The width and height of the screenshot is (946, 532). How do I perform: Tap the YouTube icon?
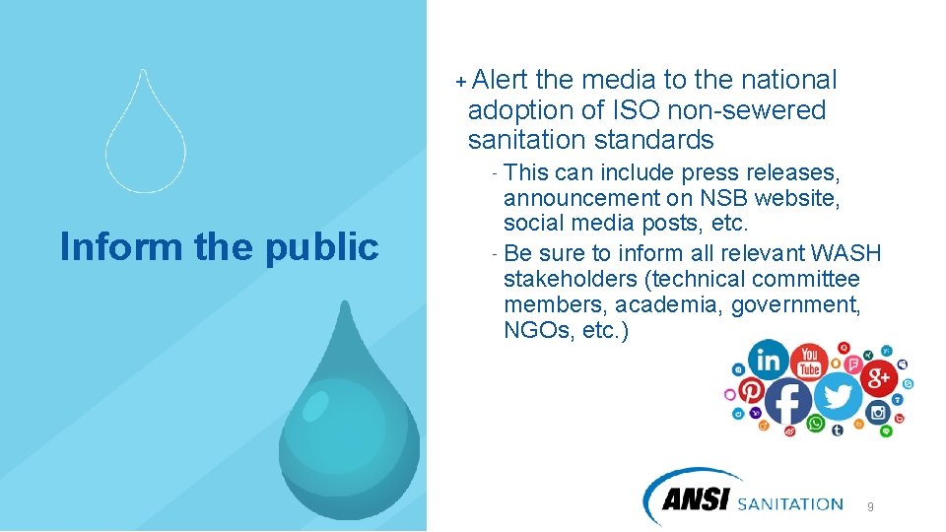pos(810,362)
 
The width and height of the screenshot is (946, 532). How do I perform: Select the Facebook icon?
pos(788,401)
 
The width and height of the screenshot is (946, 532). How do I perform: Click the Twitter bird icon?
pos(839,396)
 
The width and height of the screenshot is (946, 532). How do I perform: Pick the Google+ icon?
pos(878,377)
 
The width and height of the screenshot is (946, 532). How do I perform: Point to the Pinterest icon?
pos(751,389)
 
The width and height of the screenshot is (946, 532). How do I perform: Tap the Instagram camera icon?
pos(878,412)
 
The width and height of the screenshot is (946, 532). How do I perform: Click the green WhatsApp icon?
pos(816,424)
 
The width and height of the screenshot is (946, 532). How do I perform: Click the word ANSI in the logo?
pos(696,501)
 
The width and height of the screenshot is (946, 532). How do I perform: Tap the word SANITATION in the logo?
pos(790,503)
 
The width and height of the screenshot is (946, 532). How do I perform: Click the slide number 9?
pos(870,506)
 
